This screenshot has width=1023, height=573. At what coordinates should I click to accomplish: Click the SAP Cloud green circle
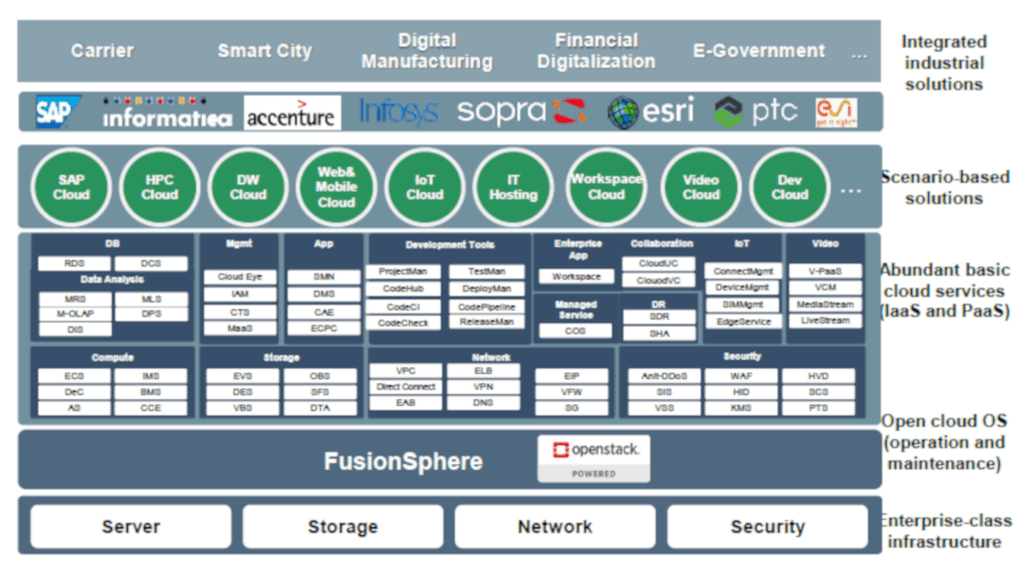tap(71, 187)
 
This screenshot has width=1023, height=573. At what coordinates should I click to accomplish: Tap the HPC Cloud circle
tap(160, 187)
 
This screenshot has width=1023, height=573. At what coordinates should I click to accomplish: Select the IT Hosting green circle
tap(512, 187)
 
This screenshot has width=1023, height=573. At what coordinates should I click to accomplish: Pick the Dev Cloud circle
tap(789, 187)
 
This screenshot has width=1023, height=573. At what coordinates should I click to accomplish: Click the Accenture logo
tap(291, 113)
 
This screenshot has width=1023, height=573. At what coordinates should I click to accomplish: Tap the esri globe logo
tap(650, 112)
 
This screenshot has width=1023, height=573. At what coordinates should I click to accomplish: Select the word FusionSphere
tap(403, 461)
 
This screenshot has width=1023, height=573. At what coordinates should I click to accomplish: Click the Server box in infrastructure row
tap(131, 526)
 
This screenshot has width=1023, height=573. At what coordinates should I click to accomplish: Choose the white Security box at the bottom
tap(767, 526)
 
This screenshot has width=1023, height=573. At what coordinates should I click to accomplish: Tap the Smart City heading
tap(265, 50)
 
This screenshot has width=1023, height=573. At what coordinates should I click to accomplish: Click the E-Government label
tap(759, 50)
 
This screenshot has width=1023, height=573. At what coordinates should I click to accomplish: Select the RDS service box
tap(74, 264)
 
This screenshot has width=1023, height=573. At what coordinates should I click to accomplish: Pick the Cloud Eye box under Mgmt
tap(240, 277)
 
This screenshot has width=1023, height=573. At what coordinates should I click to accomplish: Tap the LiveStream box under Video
tap(824, 320)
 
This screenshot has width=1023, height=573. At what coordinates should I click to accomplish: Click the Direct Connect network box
tap(406, 386)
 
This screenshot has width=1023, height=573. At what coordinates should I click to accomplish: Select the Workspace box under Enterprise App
tap(576, 277)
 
